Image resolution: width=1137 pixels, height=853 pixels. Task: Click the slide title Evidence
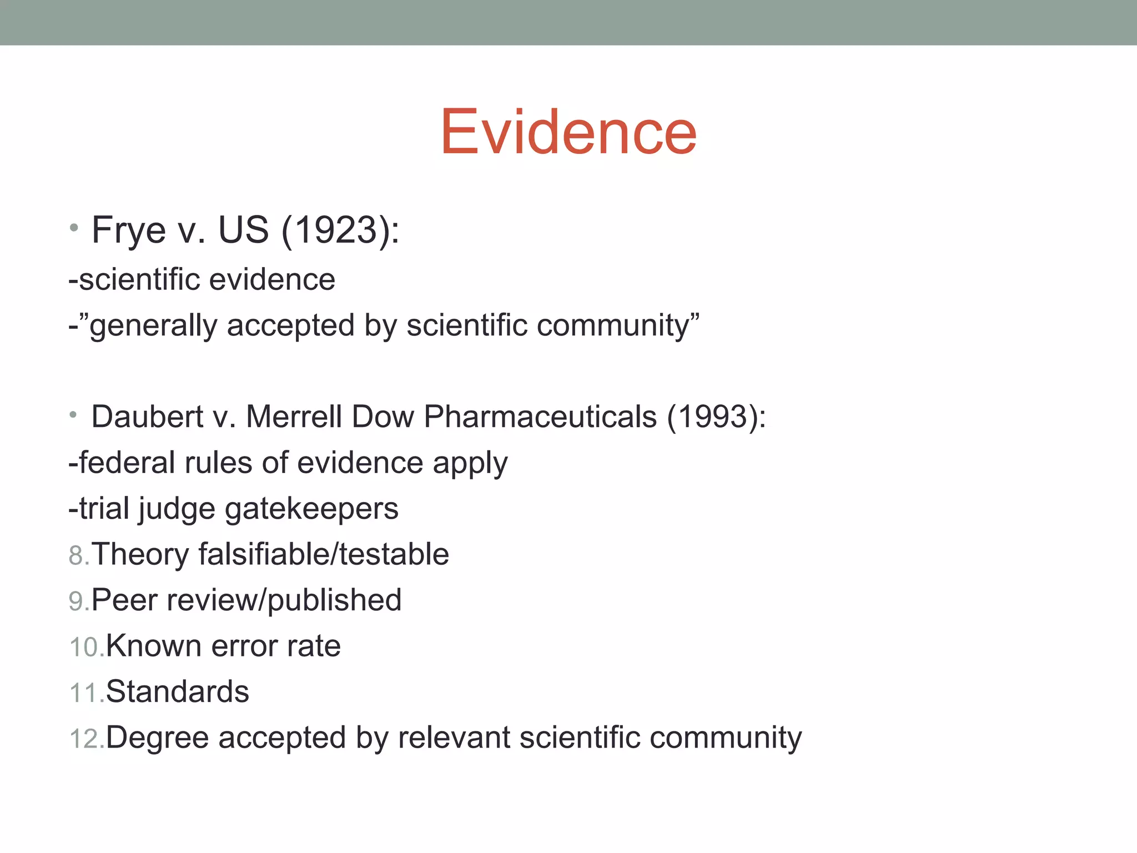coord(568,132)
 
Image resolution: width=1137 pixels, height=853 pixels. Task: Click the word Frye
coord(129,230)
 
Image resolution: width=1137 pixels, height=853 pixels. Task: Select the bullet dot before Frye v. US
coord(74,227)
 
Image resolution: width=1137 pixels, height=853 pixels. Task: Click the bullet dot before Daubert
coord(73,414)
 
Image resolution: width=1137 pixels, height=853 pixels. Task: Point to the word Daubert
coord(148,417)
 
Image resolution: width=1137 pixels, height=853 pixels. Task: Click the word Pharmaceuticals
coord(540,417)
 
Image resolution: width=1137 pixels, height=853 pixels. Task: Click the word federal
coord(127,463)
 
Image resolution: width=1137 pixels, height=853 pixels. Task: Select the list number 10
coord(84,648)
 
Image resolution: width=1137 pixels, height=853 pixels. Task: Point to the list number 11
coord(84,693)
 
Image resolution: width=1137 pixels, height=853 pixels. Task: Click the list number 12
coord(84,739)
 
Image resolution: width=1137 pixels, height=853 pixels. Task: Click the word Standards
coord(178,692)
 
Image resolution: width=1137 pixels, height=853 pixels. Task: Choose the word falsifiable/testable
coord(324,554)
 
